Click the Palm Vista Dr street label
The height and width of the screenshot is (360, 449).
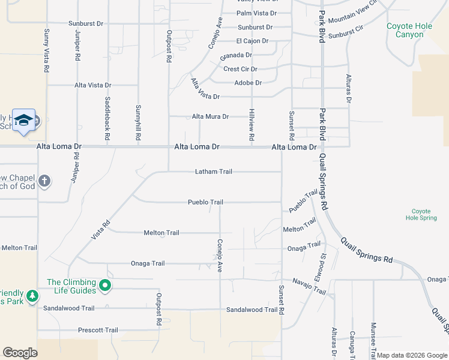tap(256, 13)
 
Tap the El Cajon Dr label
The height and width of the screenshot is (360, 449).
tap(252, 41)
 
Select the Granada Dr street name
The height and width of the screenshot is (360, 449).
tap(236, 55)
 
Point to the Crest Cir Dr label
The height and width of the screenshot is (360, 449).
tap(240, 70)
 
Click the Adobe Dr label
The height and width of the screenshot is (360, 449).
tap(248, 83)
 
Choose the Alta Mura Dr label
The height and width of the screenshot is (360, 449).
tap(210, 116)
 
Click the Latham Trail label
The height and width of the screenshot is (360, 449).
tap(214, 172)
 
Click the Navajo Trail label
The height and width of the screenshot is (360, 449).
tap(309, 286)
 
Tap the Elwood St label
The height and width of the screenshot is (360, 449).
tap(323, 264)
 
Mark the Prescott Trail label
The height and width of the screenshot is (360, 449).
tap(98, 330)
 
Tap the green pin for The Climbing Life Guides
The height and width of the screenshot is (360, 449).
tap(105, 286)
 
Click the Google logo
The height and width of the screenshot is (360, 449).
tap(20, 353)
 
